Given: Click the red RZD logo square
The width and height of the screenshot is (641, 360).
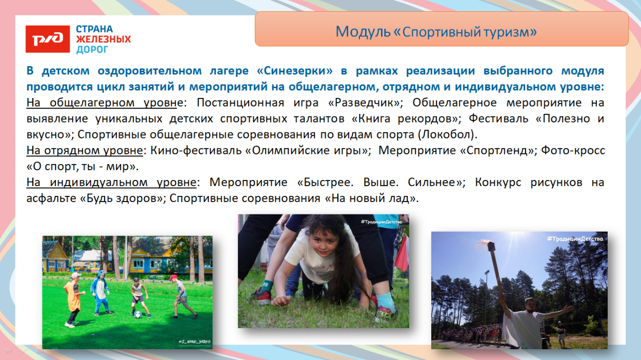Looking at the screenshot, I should [48, 39].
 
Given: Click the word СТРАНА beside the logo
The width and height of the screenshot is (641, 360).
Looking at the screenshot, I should [94, 29].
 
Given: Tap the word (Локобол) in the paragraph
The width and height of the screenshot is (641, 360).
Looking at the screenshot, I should [448, 135].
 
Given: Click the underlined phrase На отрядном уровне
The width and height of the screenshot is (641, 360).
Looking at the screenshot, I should [85, 151].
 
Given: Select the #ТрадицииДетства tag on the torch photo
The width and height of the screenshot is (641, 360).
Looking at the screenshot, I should [574, 239].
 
